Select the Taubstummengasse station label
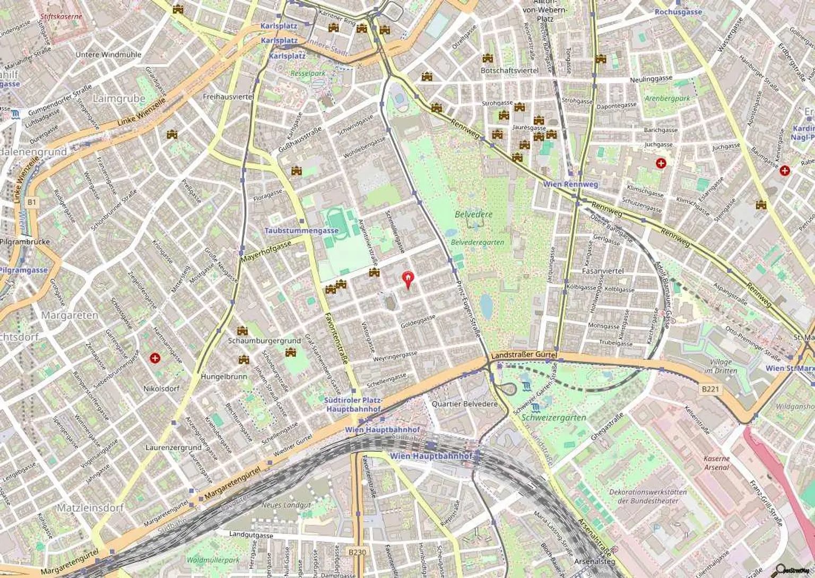click(x=301, y=231)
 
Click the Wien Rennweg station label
click(x=570, y=184)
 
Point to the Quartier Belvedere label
click(x=465, y=404)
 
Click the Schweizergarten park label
click(x=554, y=418)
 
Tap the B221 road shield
click(x=710, y=389)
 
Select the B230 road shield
click(x=357, y=552)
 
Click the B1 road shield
click(x=32, y=202)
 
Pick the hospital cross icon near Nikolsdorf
click(x=155, y=358)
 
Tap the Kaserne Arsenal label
click(x=716, y=463)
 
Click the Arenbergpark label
click(x=667, y=98)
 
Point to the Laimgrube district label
click(x=119, y=98)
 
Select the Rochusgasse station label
click(x=678, y=12)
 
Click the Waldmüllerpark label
click(x=213, y=559)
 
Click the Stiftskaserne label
click(x=61, y=16)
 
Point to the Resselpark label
click(x=308, y=73)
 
